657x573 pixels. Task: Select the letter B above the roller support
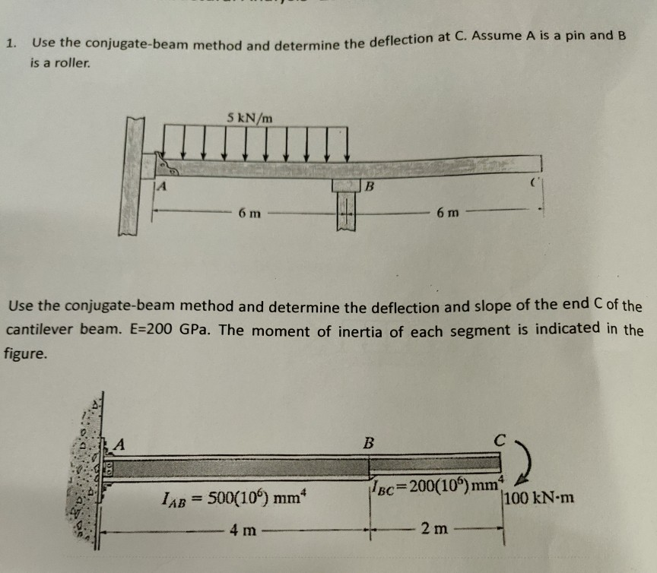click(x=370, y=185)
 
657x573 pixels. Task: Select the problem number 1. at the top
click(x=10, y=43)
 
